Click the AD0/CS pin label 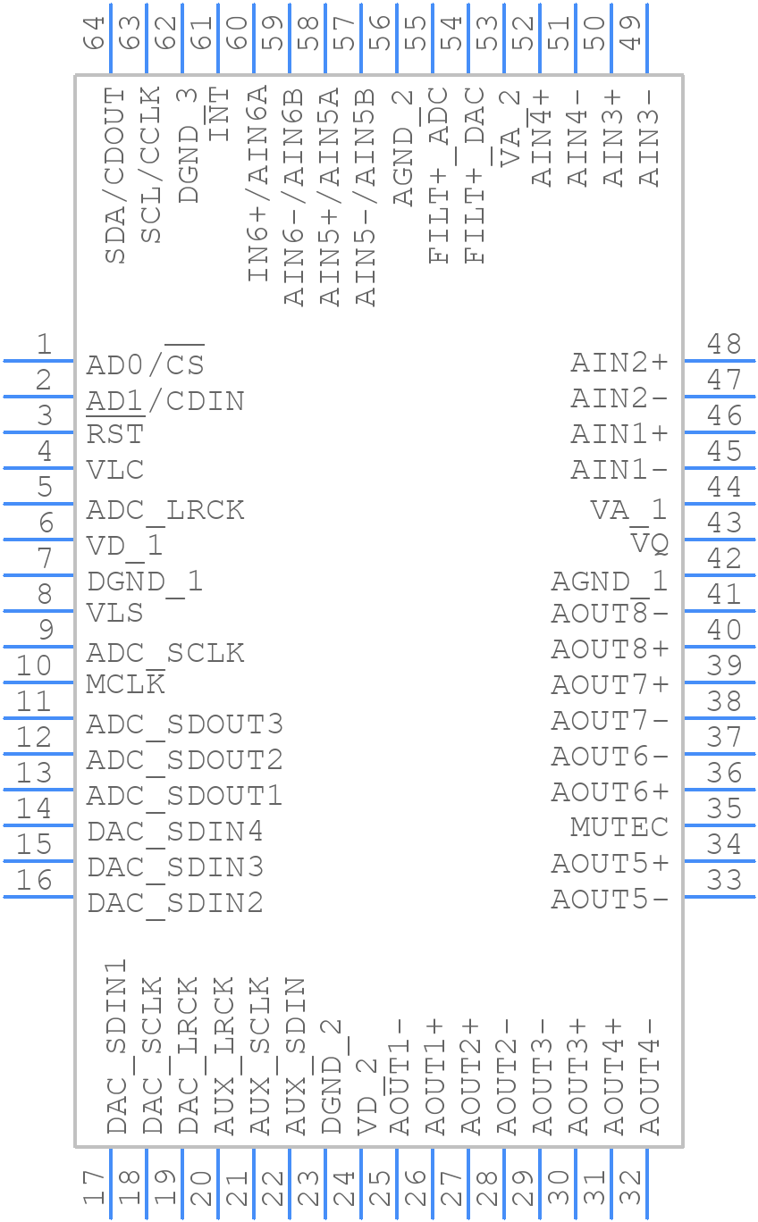[x=145, y=364]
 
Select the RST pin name [x=114, y=435]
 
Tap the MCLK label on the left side [x=125, y=685]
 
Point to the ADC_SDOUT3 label [x=184, y=724]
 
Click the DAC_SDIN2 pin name [x=174, y=903]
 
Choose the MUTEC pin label [x=619, y=827]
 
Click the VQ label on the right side [x=650, y=543]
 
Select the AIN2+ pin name [x=619, y=363]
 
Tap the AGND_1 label [x=609, y=582]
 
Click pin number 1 [x=43, y=344]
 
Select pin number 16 [x=34, y=881]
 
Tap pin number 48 [x=724, y=344]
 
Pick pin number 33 [x=724, y=881]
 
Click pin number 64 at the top [x=95, y=36]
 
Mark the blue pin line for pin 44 [x=719, y=504]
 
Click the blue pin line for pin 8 [x=39, y=611]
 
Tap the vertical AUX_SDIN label [x=296, y=1056]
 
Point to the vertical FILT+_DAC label [x=475, y=175]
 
